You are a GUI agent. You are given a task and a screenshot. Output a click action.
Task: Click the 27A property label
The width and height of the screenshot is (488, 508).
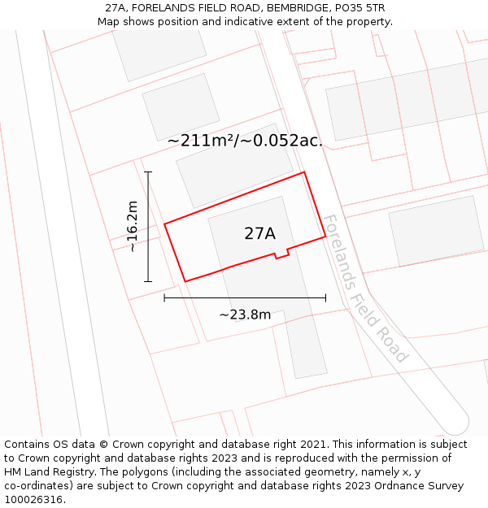click(259, 233)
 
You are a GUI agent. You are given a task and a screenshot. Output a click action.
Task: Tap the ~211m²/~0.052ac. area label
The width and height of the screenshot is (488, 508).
click(245, 141)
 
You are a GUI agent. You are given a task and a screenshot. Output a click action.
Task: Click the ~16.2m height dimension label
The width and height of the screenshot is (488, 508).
click(133, 227)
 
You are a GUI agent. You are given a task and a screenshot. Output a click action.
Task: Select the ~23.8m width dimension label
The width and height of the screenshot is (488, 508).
click(245, 315)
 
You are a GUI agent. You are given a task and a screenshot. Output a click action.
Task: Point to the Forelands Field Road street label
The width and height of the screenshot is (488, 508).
click(365, 289)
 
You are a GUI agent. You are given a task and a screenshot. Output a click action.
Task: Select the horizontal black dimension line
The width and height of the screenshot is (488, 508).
click(245, 298)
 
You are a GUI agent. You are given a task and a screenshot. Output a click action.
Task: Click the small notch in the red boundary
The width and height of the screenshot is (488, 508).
click(281, 254)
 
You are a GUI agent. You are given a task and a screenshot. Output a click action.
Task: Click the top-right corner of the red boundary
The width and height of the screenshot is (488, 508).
click(304, 172)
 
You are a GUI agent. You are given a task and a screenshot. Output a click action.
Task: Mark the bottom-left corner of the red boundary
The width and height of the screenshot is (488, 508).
click(185, 281)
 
